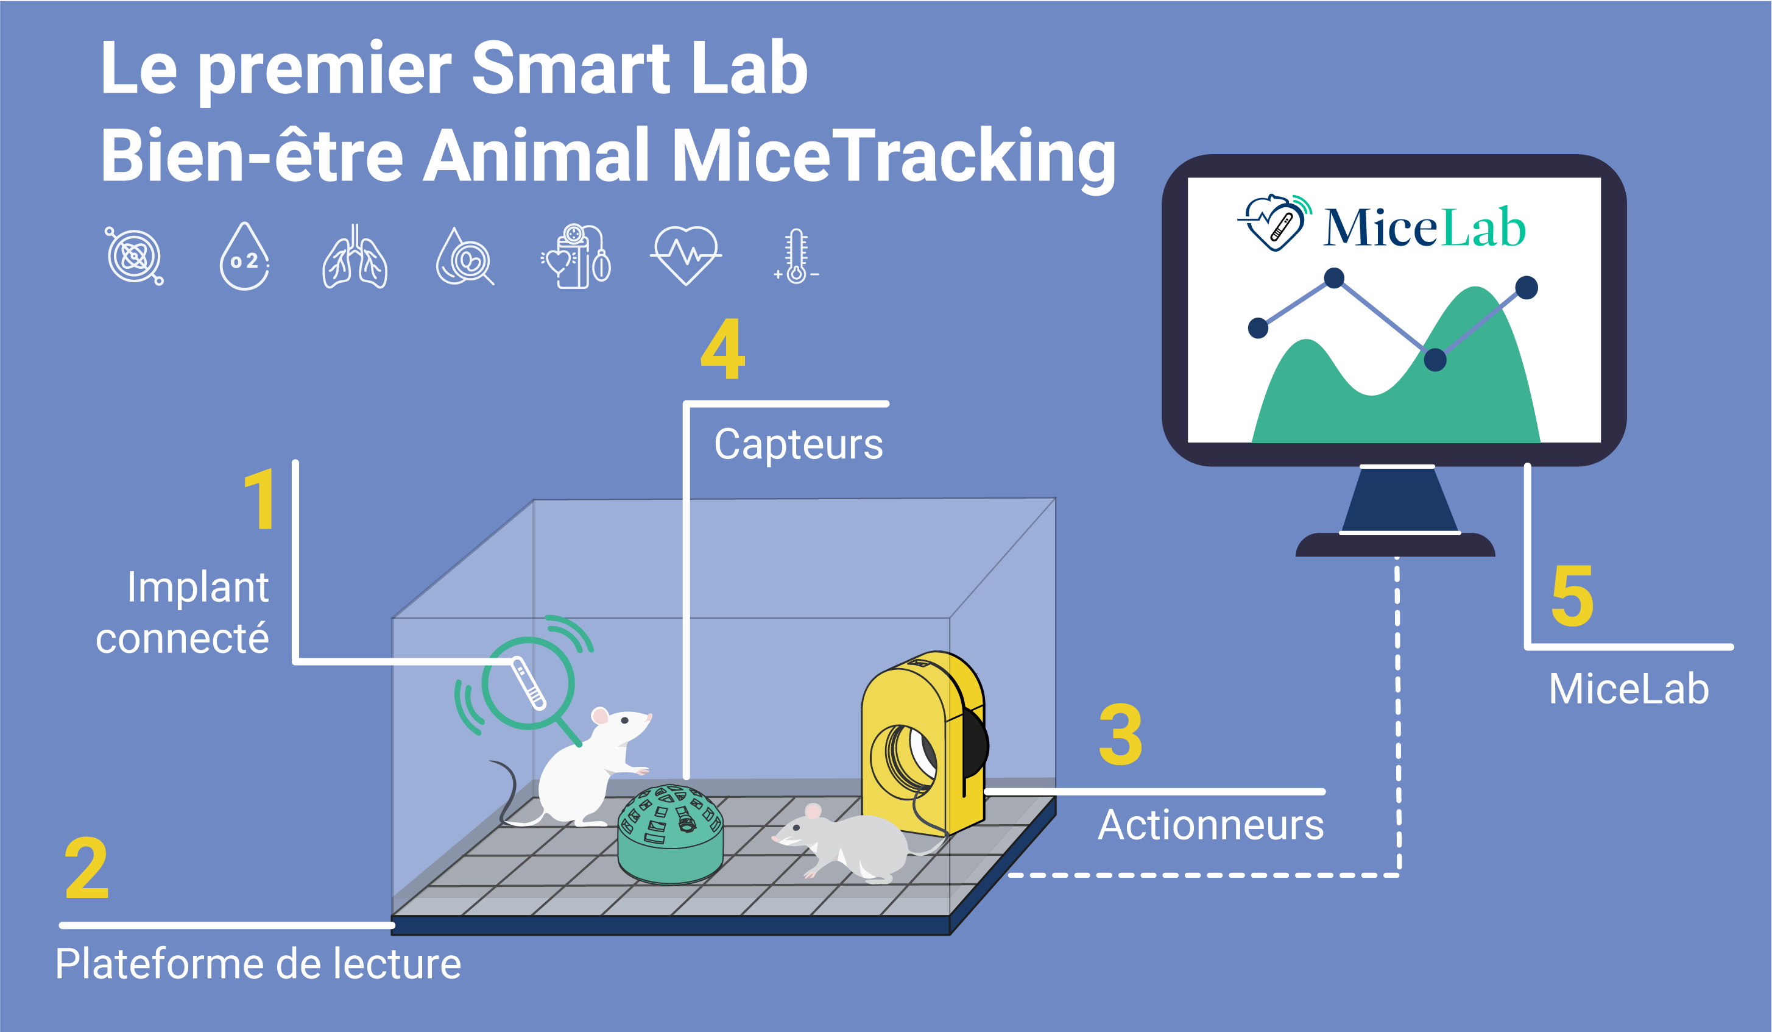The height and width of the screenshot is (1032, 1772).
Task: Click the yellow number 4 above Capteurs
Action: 722,349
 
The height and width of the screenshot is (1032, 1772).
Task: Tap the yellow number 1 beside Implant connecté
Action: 260,499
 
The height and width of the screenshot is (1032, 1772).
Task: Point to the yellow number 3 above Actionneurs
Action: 1120,735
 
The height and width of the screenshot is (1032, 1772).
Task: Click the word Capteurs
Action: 799,444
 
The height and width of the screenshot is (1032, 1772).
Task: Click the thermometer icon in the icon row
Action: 796,256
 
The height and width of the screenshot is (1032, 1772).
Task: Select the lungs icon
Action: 355,257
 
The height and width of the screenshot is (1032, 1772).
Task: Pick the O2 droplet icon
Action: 244,256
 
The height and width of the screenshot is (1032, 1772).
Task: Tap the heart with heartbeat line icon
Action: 687,255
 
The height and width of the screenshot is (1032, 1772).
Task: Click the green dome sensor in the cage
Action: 670,834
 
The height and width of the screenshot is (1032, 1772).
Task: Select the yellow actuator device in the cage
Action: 925,743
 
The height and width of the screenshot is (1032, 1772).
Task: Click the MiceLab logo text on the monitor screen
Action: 1424,227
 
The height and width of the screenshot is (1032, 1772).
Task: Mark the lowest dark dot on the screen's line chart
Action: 1435,360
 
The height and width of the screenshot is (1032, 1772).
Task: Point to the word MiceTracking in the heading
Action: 894,156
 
